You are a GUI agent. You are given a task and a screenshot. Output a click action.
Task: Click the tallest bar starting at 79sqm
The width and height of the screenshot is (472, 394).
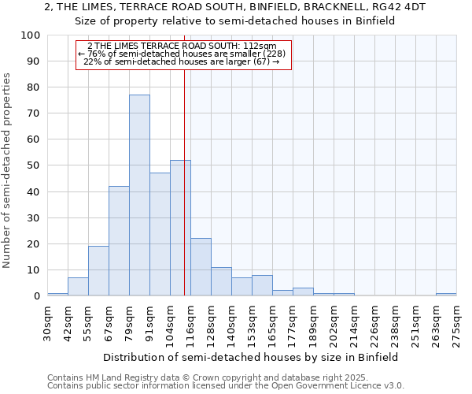[x=139, y=195]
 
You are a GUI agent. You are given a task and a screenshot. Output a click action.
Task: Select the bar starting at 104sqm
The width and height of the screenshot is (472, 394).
[x=180, y=228]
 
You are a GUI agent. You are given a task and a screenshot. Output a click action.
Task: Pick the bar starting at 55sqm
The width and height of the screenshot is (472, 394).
[x=98, y=270]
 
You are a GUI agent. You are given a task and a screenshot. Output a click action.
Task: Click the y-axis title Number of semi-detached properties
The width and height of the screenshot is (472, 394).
[x=8, y=170]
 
